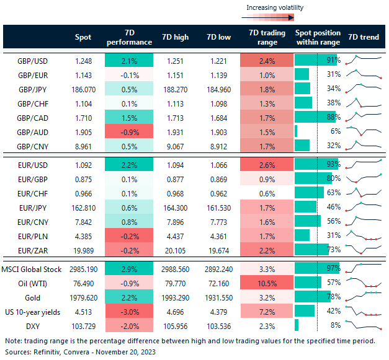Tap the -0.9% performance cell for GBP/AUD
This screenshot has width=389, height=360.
tap(129, 131)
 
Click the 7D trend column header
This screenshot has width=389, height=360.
tap(364, 37)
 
